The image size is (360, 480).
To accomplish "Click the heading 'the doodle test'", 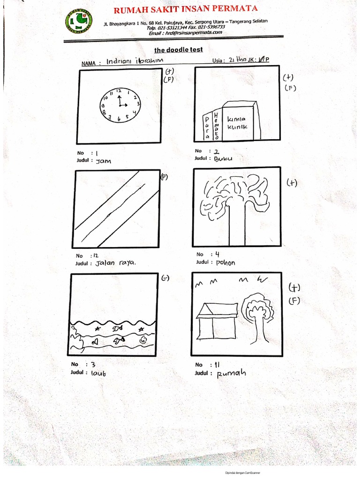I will (x=179, y=50).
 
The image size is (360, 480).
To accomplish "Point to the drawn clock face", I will (x=120, y=105).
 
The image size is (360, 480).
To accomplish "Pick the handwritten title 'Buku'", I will (x=223, y=158).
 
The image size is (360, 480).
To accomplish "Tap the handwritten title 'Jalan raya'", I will (x=115, y=263).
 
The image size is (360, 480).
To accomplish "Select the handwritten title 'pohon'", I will (x=225, y=262).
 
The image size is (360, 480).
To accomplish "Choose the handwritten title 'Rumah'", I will (x=231, y=374).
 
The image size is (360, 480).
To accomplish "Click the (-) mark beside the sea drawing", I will (x=165, y=278).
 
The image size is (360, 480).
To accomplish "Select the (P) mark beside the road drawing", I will (x=164, y=177).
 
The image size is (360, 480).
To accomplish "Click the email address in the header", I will (x=185, y=32).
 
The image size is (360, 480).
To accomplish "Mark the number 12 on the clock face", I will (x=119, y=90).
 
